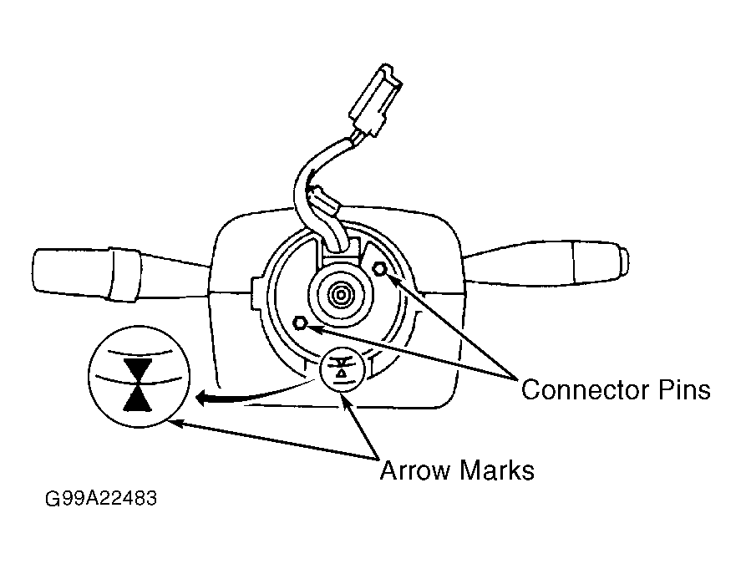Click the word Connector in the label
pos(585,390)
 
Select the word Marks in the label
pos(496,470)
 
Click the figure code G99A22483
pos(100,498)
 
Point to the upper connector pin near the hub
pos(380,269)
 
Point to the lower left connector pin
pos(300,323)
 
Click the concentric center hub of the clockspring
pos(341,296)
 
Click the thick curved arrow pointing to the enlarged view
pos(251,396)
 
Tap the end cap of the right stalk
pos(601,262)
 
